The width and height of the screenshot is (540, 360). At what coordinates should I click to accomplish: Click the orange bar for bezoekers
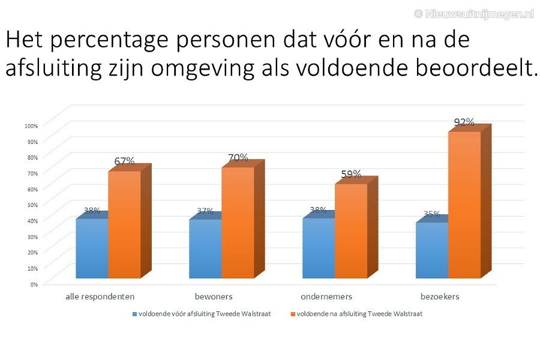tap(464, 205)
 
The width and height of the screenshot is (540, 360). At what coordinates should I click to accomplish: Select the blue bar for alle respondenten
tap(92, 248)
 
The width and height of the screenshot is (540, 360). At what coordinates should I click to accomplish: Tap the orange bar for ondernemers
tap(351, 231)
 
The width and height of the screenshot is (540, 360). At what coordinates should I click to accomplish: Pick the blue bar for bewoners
tap(205, 248)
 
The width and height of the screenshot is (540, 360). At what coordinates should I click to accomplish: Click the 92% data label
tap(464, 122)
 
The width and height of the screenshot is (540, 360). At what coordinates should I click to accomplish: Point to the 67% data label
tap(124, 161)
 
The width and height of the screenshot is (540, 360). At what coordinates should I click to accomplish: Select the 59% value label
tap(351, 174)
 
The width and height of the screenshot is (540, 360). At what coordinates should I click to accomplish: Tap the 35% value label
tap(431, 214)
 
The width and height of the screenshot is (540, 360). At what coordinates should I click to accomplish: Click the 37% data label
tap(205, 211)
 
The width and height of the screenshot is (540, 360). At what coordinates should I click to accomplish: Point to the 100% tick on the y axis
tap(31, 126)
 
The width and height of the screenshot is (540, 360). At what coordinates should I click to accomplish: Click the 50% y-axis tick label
tap(32, 205)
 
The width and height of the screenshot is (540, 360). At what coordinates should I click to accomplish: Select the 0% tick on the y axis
tap(34, 284)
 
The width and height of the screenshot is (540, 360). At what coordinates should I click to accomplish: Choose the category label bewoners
tap(214, 296)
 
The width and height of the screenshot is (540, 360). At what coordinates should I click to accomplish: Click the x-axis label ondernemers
tap(326, 296)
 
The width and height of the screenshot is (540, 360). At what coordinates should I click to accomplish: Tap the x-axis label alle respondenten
tap(100, 296)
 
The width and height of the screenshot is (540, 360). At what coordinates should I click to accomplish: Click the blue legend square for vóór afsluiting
tap(135, 314)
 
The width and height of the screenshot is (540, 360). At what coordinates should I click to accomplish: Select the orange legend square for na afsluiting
tap(293, 314)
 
